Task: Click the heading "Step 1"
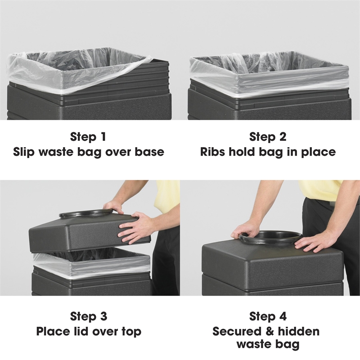coord(88,136)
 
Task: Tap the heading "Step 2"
coord(268,136)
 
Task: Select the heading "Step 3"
coord(89,316)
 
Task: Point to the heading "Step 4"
coord(268,316)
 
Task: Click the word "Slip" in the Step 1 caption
coord(24,152)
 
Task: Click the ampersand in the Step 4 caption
coord(270,332)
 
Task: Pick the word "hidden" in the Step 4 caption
coord(298,331)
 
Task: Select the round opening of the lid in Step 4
coord(270,238)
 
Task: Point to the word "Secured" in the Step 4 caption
coord(237,331)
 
